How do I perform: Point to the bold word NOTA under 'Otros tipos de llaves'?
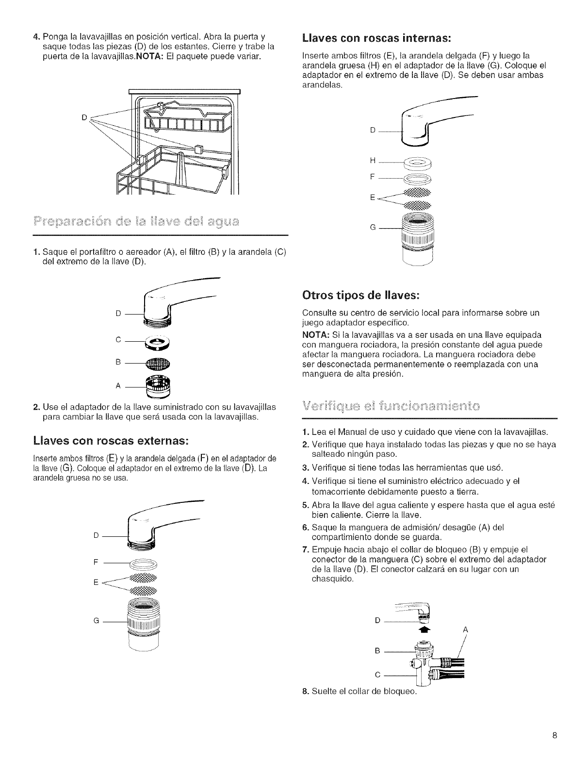314,335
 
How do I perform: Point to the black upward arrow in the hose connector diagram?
423,630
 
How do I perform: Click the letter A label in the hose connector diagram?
464,630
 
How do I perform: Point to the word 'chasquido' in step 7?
331,580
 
